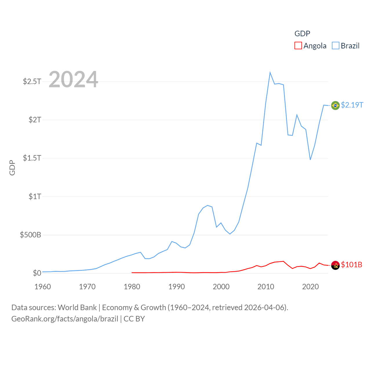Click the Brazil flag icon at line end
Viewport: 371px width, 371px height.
click(335, 105)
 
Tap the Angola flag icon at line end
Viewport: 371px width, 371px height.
click(335, 265)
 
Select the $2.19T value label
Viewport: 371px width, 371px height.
click(352, 105)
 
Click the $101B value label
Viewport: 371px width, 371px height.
click(352, 265)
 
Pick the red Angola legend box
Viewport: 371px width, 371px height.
click(298, 46)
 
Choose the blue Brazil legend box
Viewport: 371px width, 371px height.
click(335, 46)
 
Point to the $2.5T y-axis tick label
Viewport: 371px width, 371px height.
click(32, 81)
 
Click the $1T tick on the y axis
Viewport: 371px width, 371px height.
click(35, 197)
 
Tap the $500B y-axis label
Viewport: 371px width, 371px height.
click(30, 235)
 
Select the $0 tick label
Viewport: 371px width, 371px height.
click(37, 273)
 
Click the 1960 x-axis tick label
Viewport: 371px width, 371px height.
click(43, 287)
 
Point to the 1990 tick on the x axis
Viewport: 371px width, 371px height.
click(177, 287)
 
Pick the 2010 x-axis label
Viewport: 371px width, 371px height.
click(266, 287)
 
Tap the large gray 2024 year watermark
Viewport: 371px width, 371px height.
click(73, 79)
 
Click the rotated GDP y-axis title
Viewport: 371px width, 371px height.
click(12, 168)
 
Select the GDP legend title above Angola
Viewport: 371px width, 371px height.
click(302, 34)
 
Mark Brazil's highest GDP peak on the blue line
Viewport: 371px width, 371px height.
click(270, 72)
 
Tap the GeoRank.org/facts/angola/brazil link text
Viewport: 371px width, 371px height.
click(65, 319)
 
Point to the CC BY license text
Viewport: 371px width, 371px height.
click(134, 319)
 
